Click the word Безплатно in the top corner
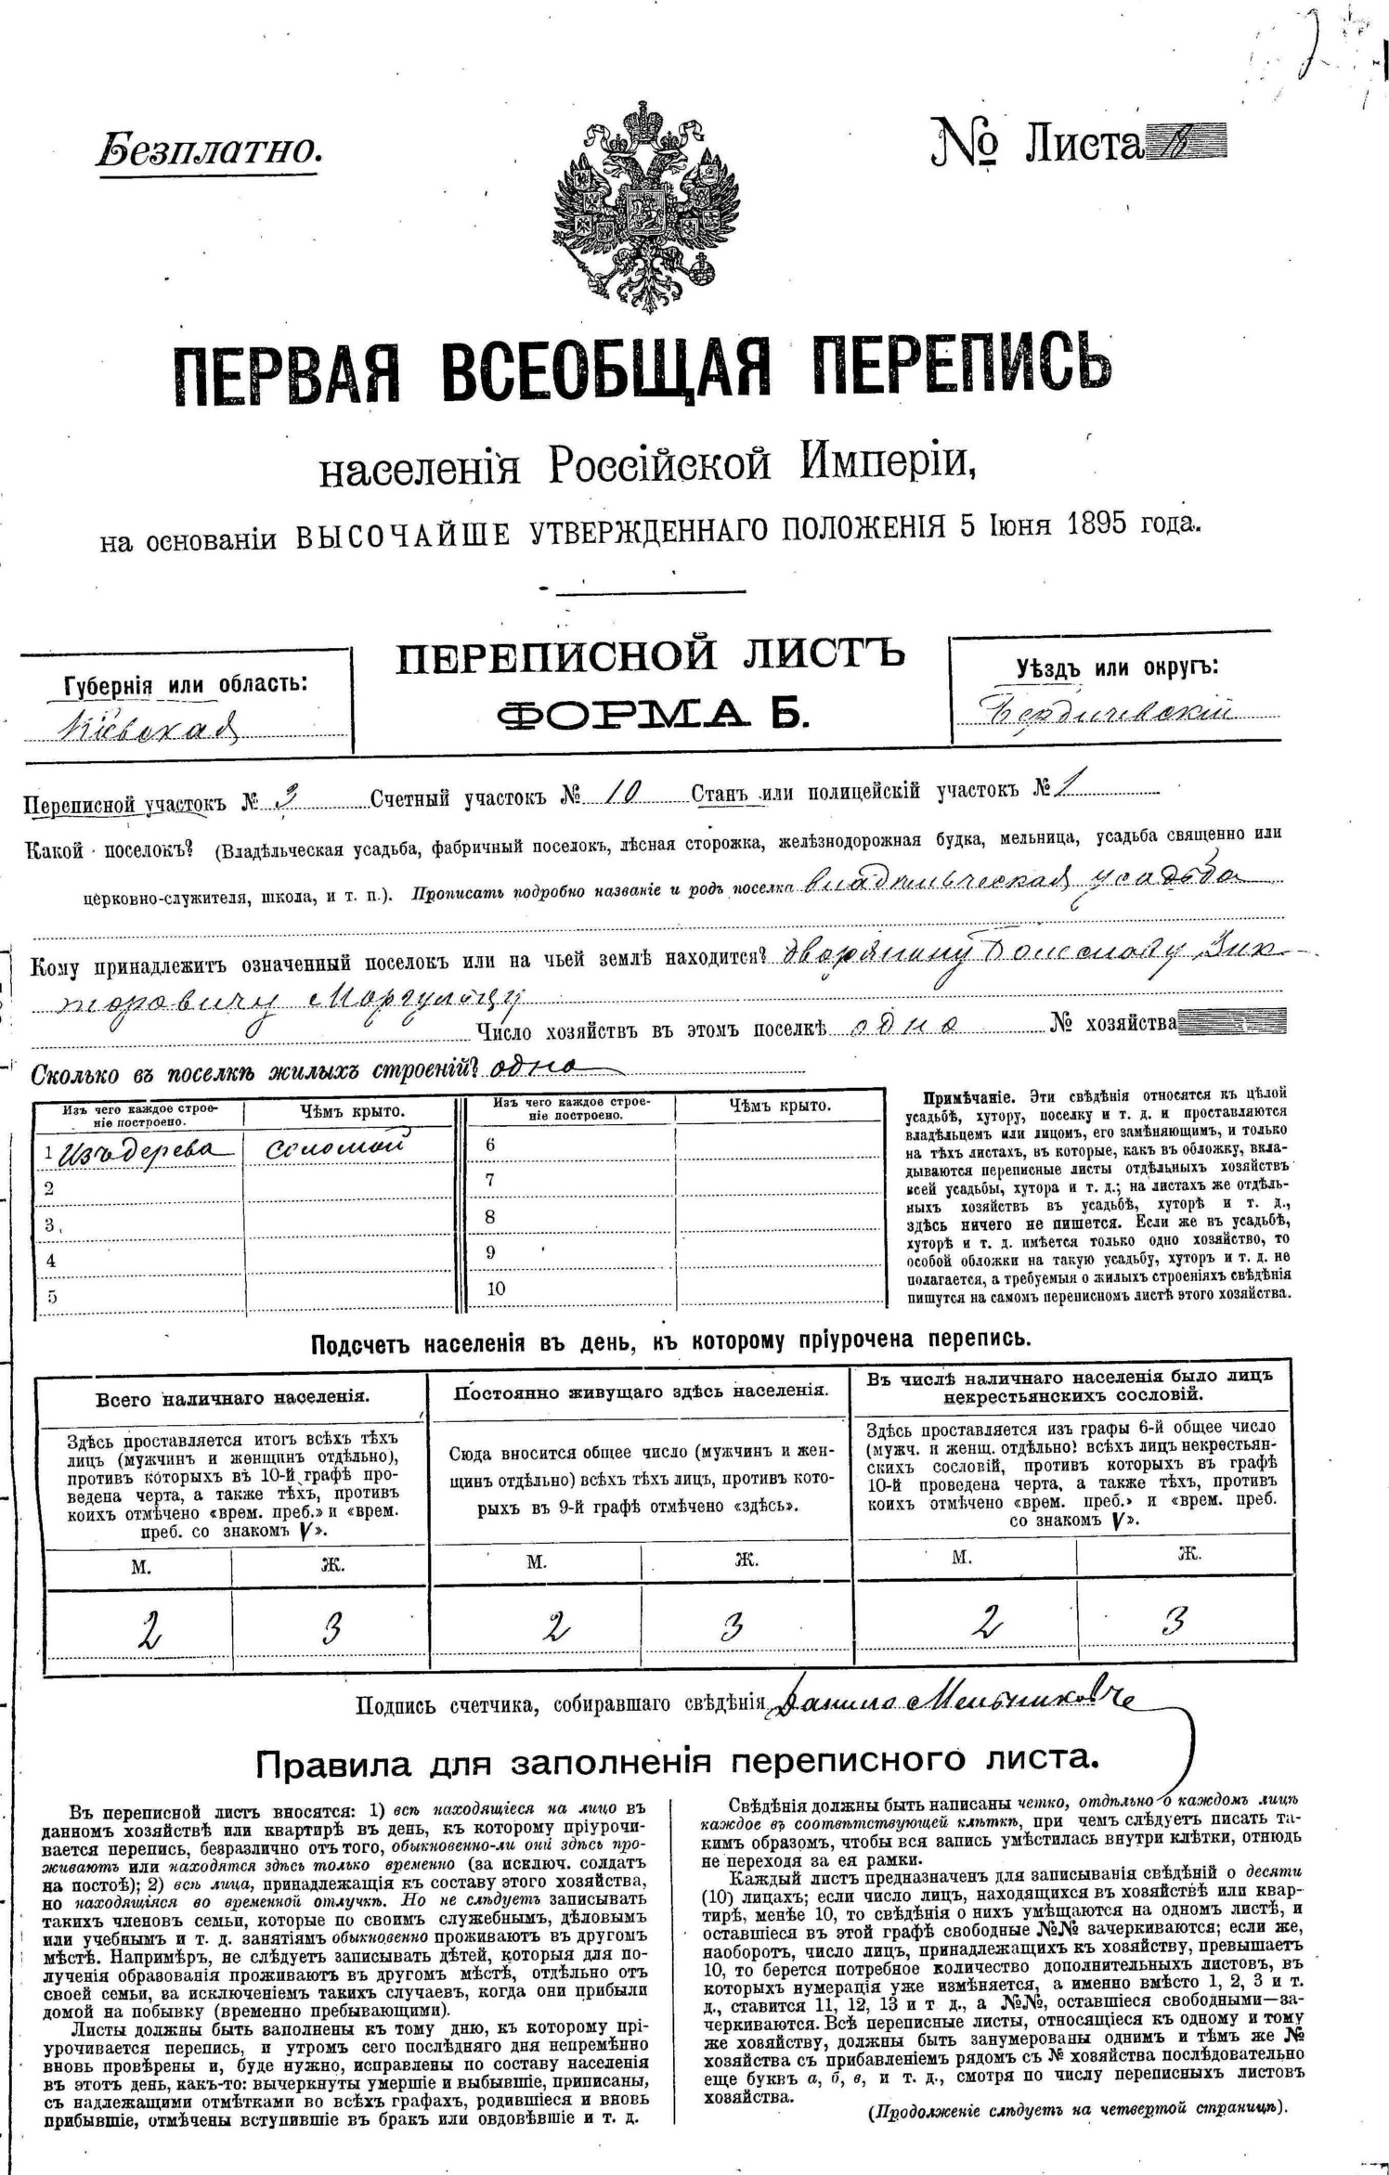(x=208, y=149)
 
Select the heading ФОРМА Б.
(x=650, y=712)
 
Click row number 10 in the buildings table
(x=496, y=1288)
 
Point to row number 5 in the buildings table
(x=51, y=1297)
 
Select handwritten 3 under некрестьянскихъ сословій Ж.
(x=1174, y=1621)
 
